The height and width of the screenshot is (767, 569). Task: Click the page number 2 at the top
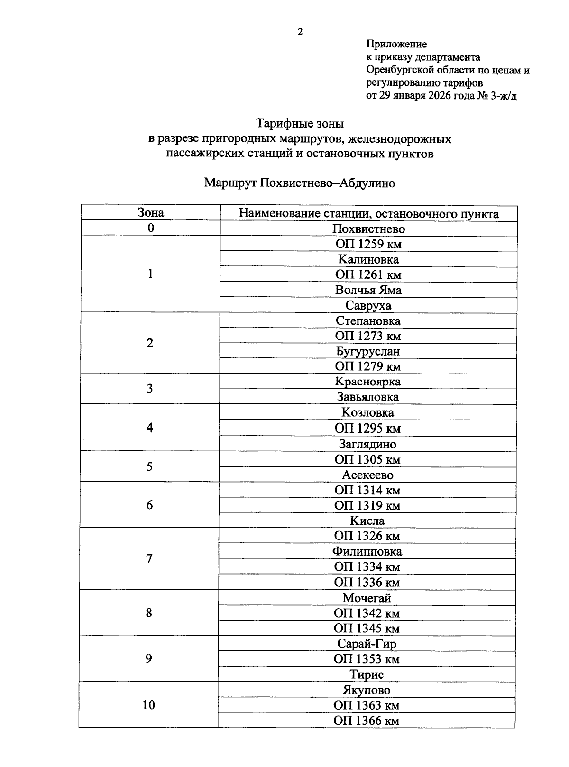click(300, 32)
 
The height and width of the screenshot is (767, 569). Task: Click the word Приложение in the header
click(396, 44)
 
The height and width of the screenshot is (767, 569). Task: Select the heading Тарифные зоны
click(300, 124)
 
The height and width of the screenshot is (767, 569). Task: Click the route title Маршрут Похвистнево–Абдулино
click(299, 183)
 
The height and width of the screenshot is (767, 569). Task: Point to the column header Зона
click(151, 213)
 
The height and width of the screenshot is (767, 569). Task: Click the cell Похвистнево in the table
click(368, 229)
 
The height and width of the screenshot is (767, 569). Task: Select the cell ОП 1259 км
click(368, 245)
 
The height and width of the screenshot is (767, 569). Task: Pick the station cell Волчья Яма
click(368, 290)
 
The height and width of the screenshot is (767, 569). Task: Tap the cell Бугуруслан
click(368, 351)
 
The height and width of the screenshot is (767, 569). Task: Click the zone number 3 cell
click(150, 389)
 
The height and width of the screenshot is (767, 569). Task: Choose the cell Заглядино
click(367, 444)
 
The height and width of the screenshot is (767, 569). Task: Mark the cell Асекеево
click(367, 475)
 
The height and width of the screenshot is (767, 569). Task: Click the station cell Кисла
click(367, 520)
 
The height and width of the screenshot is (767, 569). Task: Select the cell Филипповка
click(367, 551)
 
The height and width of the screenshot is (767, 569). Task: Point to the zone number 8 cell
click(149, 613)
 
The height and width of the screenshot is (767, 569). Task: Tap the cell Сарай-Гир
click(367, 644)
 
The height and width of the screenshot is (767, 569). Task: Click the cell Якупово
click(367, 690)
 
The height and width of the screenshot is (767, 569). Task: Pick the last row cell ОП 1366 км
click(366, 721)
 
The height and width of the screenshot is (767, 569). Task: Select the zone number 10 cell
click(148, 705)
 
